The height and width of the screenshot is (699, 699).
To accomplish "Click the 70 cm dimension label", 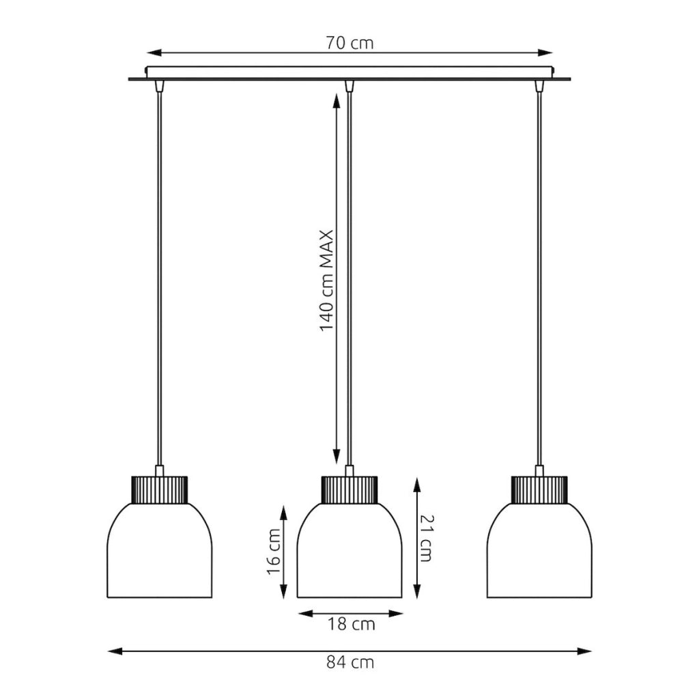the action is (349, 43).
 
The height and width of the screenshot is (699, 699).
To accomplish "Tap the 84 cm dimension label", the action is (350, 662).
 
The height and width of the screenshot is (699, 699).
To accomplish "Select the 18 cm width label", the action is (352, 624).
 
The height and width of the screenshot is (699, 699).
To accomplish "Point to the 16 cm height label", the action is (274, 552).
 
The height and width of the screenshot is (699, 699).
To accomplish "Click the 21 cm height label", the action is (427, 538).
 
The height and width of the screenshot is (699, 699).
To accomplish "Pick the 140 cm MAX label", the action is (327, 281).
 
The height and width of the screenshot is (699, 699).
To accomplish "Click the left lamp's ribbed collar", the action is (160, 490).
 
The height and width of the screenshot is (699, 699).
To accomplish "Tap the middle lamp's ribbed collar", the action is (349, 490).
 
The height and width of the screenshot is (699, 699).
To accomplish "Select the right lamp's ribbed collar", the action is (539, 490).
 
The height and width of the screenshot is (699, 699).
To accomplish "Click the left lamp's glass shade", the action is (160, 551).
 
